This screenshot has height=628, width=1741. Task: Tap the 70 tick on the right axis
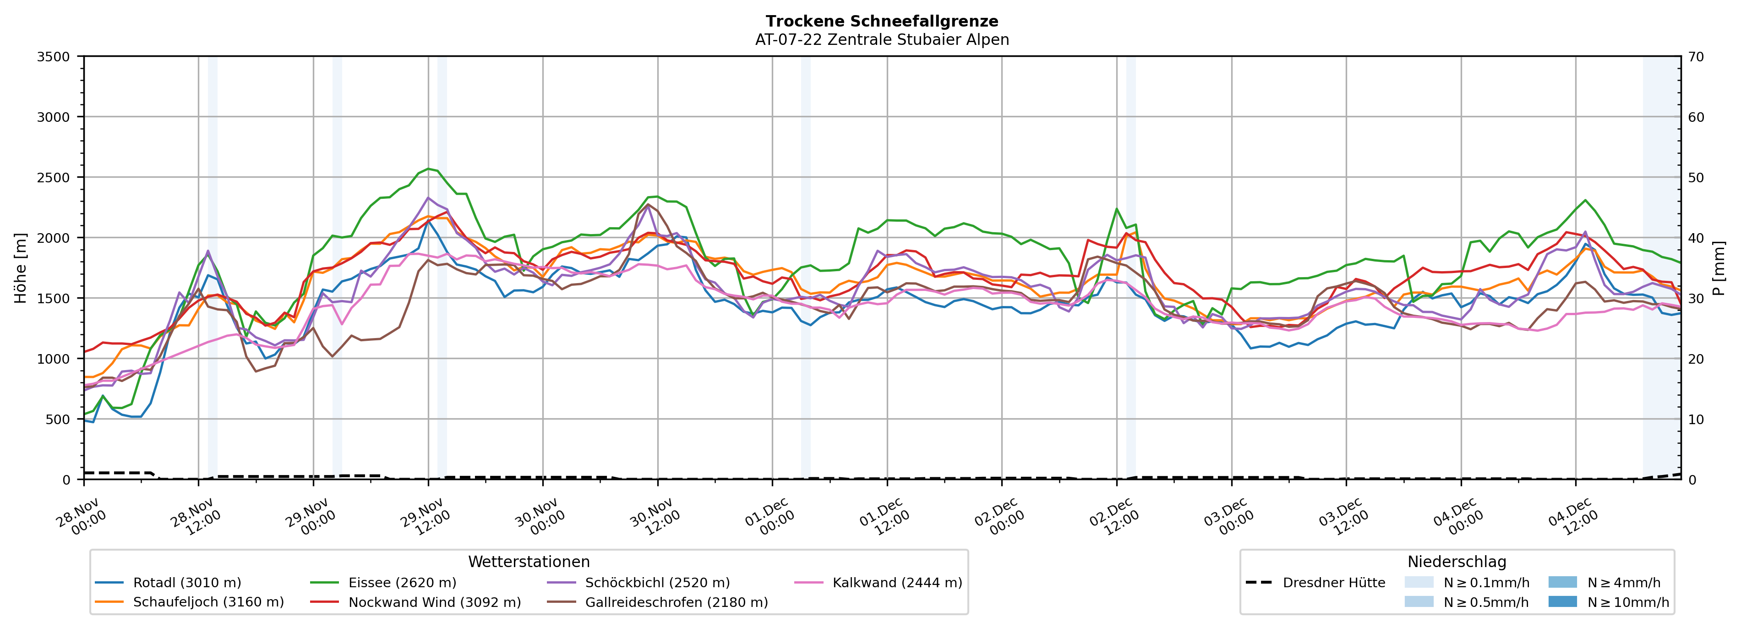pyautogui.click(x=1696, y=57)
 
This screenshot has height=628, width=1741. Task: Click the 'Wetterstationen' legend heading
pyautogui.click(x=529, y=562)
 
